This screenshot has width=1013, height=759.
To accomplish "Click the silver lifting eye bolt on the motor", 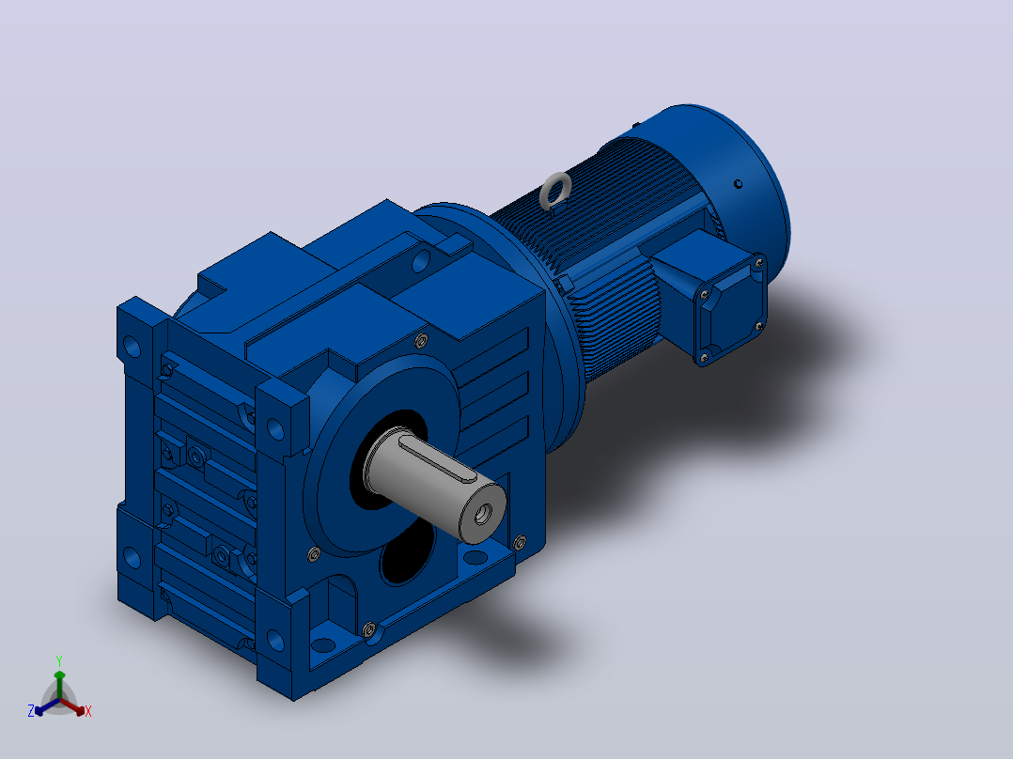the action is (x=555, y=192).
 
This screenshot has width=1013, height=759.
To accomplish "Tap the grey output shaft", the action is (x=434, y=483).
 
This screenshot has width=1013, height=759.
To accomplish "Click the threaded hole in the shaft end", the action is (x=482, y=515).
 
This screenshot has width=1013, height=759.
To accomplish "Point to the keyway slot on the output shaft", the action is (x=437, y=458).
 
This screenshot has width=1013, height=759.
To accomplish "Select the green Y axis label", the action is (x=59, y=661).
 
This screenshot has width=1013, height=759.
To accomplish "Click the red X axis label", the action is (x=88, y=711).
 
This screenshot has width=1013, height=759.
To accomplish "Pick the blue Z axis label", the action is (x=30, y=711).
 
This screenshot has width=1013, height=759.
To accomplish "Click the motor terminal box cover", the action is (x=731, y=309).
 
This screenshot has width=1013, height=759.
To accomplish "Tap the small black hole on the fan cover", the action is (x=738, y=184).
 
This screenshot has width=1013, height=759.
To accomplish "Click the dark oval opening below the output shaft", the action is (x=407, y=552).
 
